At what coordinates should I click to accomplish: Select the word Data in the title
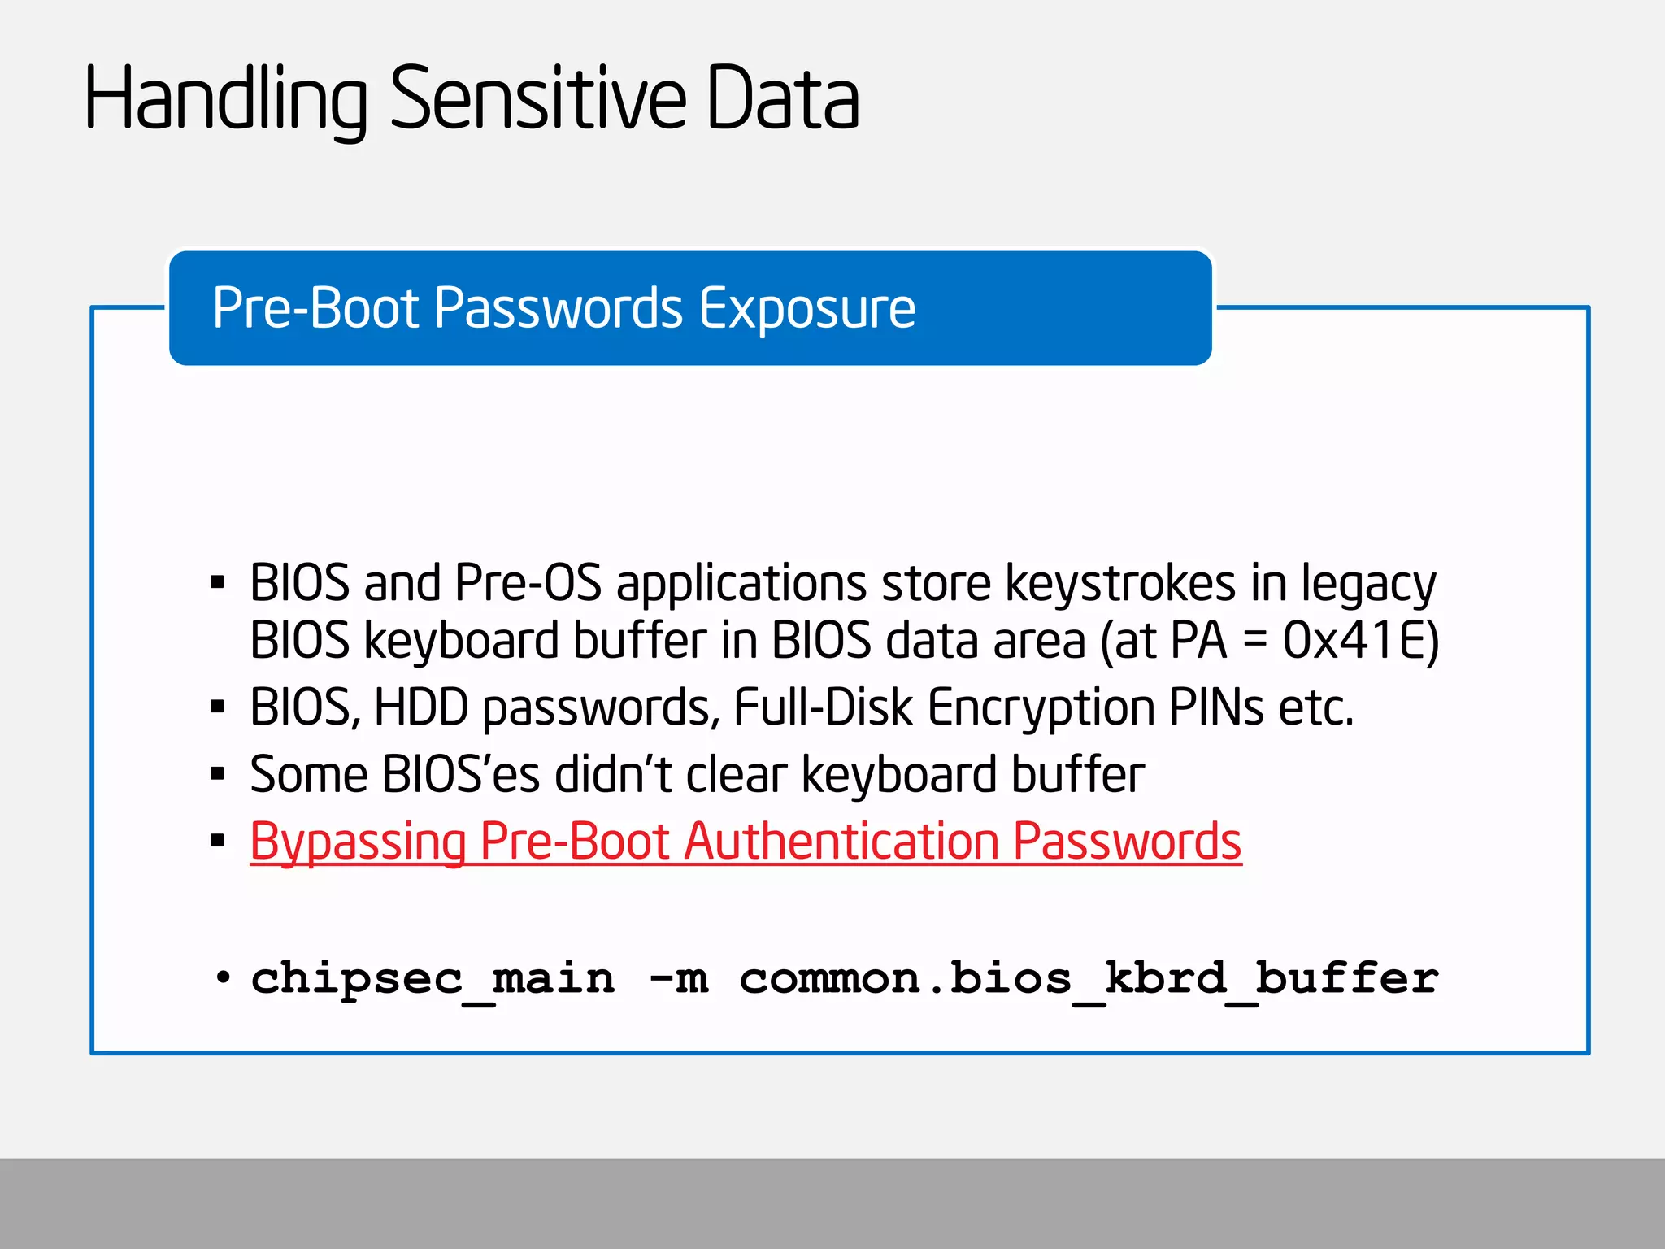point(782,99)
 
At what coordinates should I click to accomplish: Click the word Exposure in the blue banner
point(806,308)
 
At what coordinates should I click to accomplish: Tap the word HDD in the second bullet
point(420,707)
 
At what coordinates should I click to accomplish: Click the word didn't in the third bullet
point(612,774)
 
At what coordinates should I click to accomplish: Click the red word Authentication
point(842,841)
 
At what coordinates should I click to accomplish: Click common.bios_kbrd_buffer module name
point(1089,979)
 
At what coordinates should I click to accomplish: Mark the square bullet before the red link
point(217,841)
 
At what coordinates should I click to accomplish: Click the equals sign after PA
point(1254,641)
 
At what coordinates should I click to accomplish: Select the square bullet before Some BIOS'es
point(217,774)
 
